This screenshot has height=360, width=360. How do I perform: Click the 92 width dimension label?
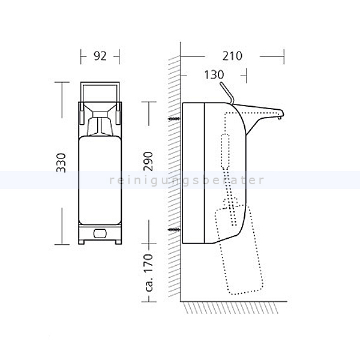click(x=100, y=56)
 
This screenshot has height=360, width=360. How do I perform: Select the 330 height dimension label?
click(x=61, y=163)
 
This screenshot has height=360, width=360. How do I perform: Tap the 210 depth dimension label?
click(x=232, y=56)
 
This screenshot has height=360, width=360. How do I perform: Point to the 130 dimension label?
click(x=214, y=74)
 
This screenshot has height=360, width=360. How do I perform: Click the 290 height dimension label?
click(x=148, y=161)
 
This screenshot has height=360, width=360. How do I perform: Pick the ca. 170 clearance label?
click(x=149, y=272)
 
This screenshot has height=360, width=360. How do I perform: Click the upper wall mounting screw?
click(x=175, y=119)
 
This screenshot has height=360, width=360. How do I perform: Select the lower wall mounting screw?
click(x=175, y=229)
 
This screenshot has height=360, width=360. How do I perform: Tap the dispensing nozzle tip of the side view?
click(x=280, y=118)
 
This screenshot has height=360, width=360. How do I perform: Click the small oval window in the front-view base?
click(x=100, y=233)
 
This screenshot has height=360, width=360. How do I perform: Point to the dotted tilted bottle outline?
click(x=239, y=250)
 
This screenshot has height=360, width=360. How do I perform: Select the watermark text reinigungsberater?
click(x=187, y=180)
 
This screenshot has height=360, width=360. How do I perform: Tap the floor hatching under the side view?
click(x=231, y=308)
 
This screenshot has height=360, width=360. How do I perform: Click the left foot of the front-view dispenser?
click(x=82, y=242)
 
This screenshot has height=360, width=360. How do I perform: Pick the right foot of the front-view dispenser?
click(x=118, y=242)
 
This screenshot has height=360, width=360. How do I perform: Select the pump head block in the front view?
click(x=100, y=115)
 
